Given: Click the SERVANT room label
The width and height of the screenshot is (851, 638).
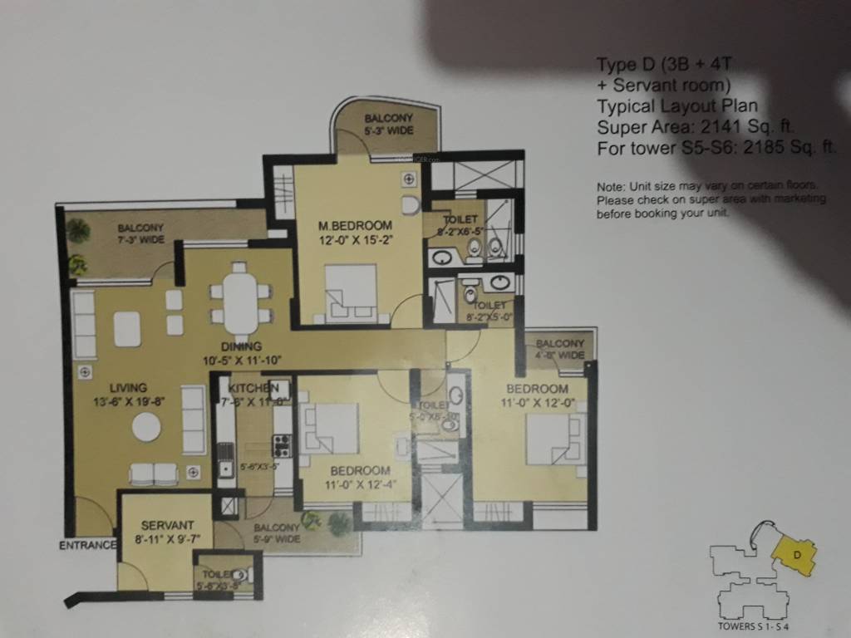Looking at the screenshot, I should pos(167,525).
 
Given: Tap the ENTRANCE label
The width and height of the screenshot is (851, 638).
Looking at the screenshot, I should pos(87,546).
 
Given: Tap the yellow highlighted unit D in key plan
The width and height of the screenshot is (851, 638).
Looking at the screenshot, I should pos(795,553).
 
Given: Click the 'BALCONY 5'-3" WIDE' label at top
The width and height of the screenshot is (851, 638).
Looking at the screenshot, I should pos(388,125).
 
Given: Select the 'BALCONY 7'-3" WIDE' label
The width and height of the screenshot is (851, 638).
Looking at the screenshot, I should pos(140,233).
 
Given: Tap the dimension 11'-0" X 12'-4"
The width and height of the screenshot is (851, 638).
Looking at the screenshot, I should pos(359,482).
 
